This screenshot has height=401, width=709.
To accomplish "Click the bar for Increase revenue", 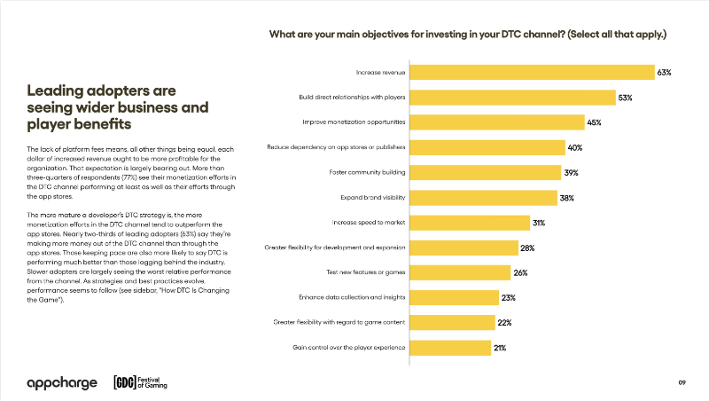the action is tap(533, 73).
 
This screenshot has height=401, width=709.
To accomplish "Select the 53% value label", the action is tap(625, 98).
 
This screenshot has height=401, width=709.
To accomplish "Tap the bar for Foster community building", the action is tap(486, 172).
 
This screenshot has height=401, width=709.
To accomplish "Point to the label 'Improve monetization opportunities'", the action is tap(354, 122).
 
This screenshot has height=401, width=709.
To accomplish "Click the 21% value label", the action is tap(500, 348).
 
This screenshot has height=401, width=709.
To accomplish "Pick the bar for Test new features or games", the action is tap(460, 272).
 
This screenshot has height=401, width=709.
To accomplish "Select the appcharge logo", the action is tap(62, 383).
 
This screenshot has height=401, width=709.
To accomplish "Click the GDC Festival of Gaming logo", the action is tap(140, 382).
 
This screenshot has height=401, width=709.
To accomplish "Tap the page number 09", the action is tap(682, 382).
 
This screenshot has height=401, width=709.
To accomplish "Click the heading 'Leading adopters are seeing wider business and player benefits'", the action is tap(118, 107).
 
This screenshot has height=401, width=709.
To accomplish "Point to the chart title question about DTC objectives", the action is tap(468, 35).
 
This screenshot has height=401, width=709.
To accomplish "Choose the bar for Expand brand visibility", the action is tap(484, 198).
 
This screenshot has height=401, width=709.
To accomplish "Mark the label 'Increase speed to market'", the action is tap(369, 222).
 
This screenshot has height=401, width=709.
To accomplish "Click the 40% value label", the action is tap(574, 147).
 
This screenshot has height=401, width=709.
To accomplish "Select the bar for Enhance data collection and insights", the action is tap(455, 298).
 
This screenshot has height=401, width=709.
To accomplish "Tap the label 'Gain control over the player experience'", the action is tap(348, 348).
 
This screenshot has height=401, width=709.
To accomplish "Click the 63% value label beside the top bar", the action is tap(664, 73).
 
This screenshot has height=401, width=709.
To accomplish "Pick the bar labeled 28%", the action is tap(464, 248).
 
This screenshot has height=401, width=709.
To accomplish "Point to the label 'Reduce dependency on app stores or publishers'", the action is tap(336, 147).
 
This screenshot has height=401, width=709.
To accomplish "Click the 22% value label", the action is tap(504, 323).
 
